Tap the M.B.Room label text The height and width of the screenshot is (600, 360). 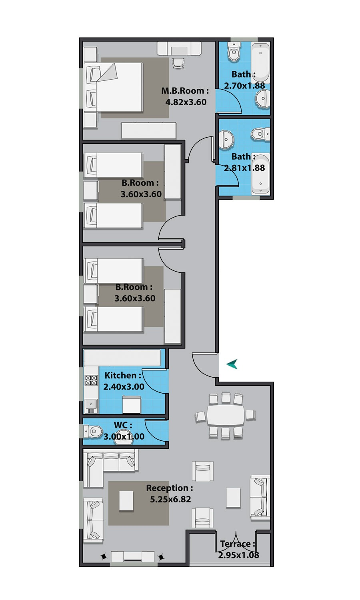pos(185,91)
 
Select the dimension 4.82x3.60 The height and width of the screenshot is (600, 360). pos(186,102)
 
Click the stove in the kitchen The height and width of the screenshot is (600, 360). pos(91,380)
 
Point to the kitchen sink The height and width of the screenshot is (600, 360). pos(91,406)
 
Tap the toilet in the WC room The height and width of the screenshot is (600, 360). pos(93,431)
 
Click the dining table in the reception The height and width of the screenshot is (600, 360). pos(226,415)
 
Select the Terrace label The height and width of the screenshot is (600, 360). pos(238,544)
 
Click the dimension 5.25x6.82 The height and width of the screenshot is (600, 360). pos(170,499)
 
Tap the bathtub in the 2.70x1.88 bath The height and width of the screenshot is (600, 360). pos(260,63)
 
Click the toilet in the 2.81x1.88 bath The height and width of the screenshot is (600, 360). pos(260,133)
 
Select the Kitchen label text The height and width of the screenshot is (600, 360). pos(123,375)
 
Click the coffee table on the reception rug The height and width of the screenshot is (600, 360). pos(126,501)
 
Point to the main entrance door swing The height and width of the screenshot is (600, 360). pos(205,366)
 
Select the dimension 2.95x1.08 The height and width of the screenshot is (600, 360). pos(239,555)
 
